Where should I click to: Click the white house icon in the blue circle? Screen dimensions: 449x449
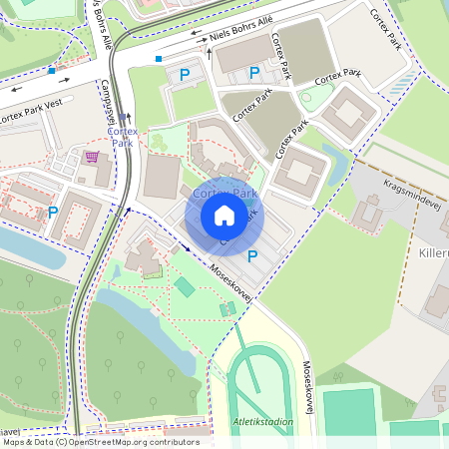224,216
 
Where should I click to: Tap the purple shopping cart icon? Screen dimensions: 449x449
93,157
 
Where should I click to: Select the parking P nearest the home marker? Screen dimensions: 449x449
252,256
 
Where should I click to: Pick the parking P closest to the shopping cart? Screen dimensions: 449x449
53,212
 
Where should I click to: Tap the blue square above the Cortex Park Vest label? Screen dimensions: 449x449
51,71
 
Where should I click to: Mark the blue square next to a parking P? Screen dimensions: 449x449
159,59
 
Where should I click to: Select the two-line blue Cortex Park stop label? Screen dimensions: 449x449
123,137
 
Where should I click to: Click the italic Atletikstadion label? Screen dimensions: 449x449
263,422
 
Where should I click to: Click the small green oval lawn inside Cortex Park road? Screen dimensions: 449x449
314,97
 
